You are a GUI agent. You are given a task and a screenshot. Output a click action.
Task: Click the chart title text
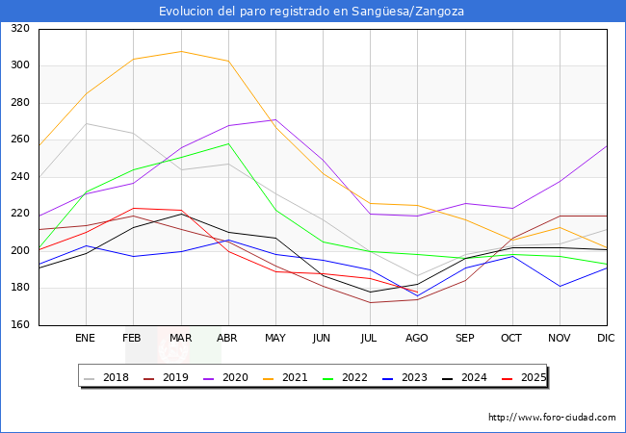coord(313,11)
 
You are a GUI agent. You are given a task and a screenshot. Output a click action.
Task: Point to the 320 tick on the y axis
coord(19,29)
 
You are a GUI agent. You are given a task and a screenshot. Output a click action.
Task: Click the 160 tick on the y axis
coord(19,325)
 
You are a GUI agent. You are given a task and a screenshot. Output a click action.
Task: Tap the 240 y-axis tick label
coord(19,177)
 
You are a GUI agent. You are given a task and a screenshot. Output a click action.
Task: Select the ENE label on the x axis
coord(86,339)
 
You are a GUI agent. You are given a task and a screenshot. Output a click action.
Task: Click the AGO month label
coord(417,339)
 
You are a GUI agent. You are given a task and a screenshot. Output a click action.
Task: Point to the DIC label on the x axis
coord(606,339)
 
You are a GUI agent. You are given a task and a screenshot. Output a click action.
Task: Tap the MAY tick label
coord(275,339)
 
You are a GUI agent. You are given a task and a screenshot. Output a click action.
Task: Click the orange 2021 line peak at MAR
coord(180,51)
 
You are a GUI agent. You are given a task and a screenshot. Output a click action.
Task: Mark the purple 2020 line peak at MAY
coord(275,119)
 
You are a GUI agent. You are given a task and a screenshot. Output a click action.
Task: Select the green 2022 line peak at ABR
coord(228,143)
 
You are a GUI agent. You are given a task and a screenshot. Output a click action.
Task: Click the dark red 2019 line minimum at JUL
coord(370,302)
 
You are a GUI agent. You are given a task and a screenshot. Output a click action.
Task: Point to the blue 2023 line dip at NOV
coord(560,286)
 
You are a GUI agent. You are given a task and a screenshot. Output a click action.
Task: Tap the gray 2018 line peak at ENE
coord(86,123)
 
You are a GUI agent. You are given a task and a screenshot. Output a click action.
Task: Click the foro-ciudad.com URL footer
coord(552,418)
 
